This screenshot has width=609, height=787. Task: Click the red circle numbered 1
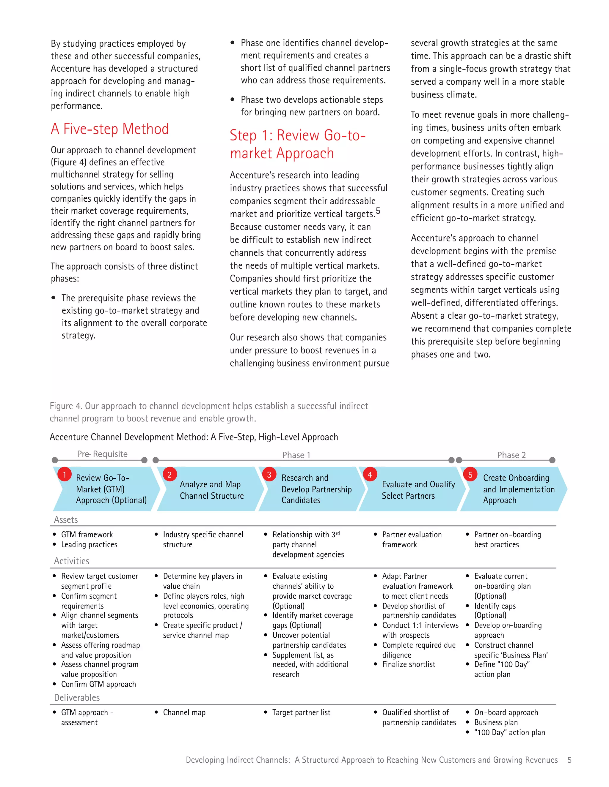tap(65, 475)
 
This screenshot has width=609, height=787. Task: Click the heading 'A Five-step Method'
tap(110, 129)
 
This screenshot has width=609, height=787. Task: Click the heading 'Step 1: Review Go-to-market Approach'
tap(298, 144)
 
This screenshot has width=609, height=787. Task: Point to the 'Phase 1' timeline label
tap(296, 455)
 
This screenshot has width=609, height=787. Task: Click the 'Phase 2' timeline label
tap(511, 455)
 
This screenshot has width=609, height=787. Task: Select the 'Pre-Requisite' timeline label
tap(102, 454)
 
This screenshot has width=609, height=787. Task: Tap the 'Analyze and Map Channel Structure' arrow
tap(211, 490)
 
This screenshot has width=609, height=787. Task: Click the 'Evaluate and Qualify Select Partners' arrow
tap(418, 490)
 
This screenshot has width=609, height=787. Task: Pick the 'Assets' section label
tap(66, 520)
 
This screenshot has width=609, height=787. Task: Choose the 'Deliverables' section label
tap(77, 698)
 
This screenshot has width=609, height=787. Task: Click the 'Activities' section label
tap(71, 561)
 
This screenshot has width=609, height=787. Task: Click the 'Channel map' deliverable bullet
tap(184, 712)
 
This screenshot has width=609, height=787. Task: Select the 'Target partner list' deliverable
tap(301, 712)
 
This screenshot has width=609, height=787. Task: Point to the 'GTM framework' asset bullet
tap(87, 534)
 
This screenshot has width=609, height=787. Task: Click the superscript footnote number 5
tap(378, 211)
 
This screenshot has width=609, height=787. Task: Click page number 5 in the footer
tap(569, 760)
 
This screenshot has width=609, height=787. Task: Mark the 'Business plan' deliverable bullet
tap(496, 723)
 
